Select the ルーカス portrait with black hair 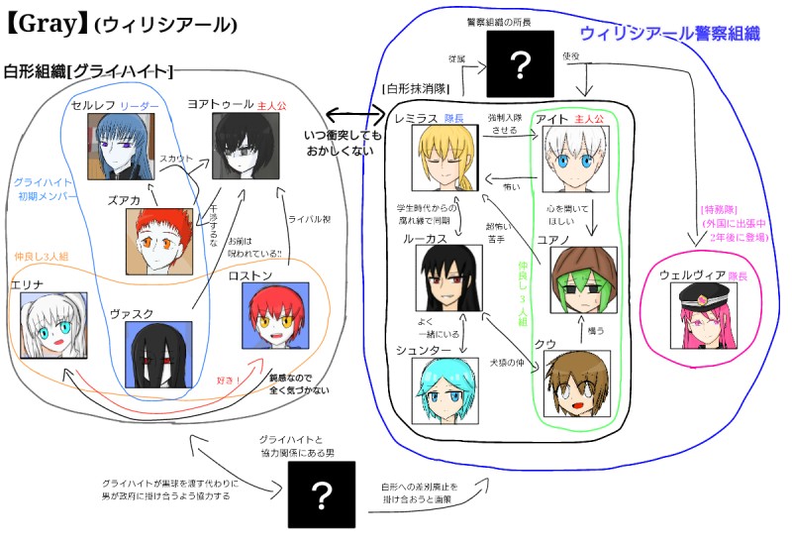(446, 278)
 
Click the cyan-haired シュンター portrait (444, 389)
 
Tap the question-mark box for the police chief (521, 64)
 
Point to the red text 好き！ (232, 380)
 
